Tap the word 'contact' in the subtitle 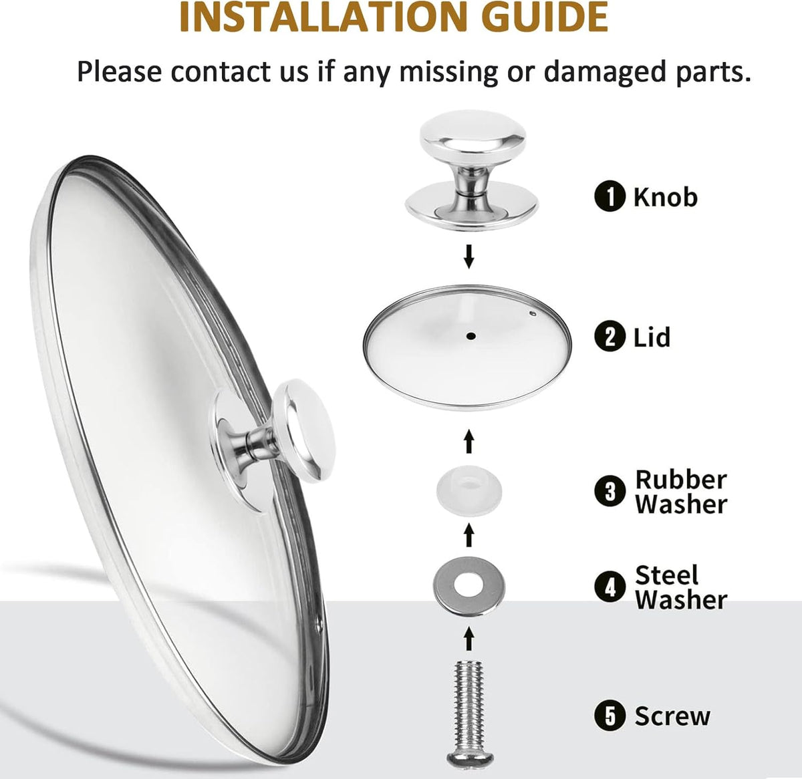click(239, 71)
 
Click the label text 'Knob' click(666, 197)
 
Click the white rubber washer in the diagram click(469, 492)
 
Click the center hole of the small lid click(471, 336)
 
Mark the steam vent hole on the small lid click(533, 313)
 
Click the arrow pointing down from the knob click(469, 257)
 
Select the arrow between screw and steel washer click(469, 638)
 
